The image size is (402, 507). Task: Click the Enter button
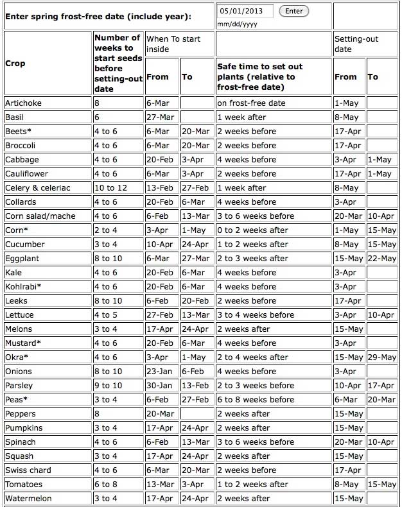[x=294, y=11]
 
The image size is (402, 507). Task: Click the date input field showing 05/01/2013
[x=245, y=11]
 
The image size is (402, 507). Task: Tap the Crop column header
[x=15, y=64]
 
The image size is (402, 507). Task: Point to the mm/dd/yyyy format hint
[x=237, y=24]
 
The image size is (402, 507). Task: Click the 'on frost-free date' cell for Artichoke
[x=251, y=103]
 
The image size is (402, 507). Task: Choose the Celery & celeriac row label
[x=37, y=187]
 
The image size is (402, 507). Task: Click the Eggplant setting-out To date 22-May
[x=382, y=258]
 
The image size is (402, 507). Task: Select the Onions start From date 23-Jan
[x=158, y=371]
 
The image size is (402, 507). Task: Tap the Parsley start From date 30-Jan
[x=158, y=385]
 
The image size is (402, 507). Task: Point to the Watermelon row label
[x=28, y=498]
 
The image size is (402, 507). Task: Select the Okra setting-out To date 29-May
[x=382, y=357]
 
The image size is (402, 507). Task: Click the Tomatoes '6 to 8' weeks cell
[x=106, y=484]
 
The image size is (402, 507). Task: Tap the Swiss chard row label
[x=28, y=470]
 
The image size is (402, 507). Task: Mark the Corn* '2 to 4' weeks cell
[x=106, y=230]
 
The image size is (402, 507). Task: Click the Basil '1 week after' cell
[x=241, y=117]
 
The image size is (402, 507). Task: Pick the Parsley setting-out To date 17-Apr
[x=382, y=385]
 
